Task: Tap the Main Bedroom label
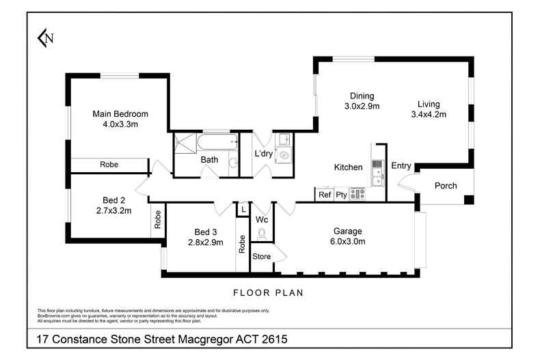[x=120, y=114]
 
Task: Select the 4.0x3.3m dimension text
[x=120, y=124]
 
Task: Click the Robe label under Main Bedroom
[x=109, y=165]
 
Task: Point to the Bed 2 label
[x=113, y=200]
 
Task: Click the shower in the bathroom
[x=184, y=144]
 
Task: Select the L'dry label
[x=264, y=154]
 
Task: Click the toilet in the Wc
[x=261, y=234]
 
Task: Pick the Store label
[x=262, y=257]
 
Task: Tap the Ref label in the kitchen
[x=325, y=195]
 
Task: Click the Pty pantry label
[x=340, y=195]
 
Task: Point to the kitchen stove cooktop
[x=357, y=195]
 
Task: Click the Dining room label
[x=362, y=96]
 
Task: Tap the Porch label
[x=446, y=186]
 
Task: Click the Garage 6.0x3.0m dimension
[x=348, y=241]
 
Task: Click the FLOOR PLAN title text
[x=268, y=292]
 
